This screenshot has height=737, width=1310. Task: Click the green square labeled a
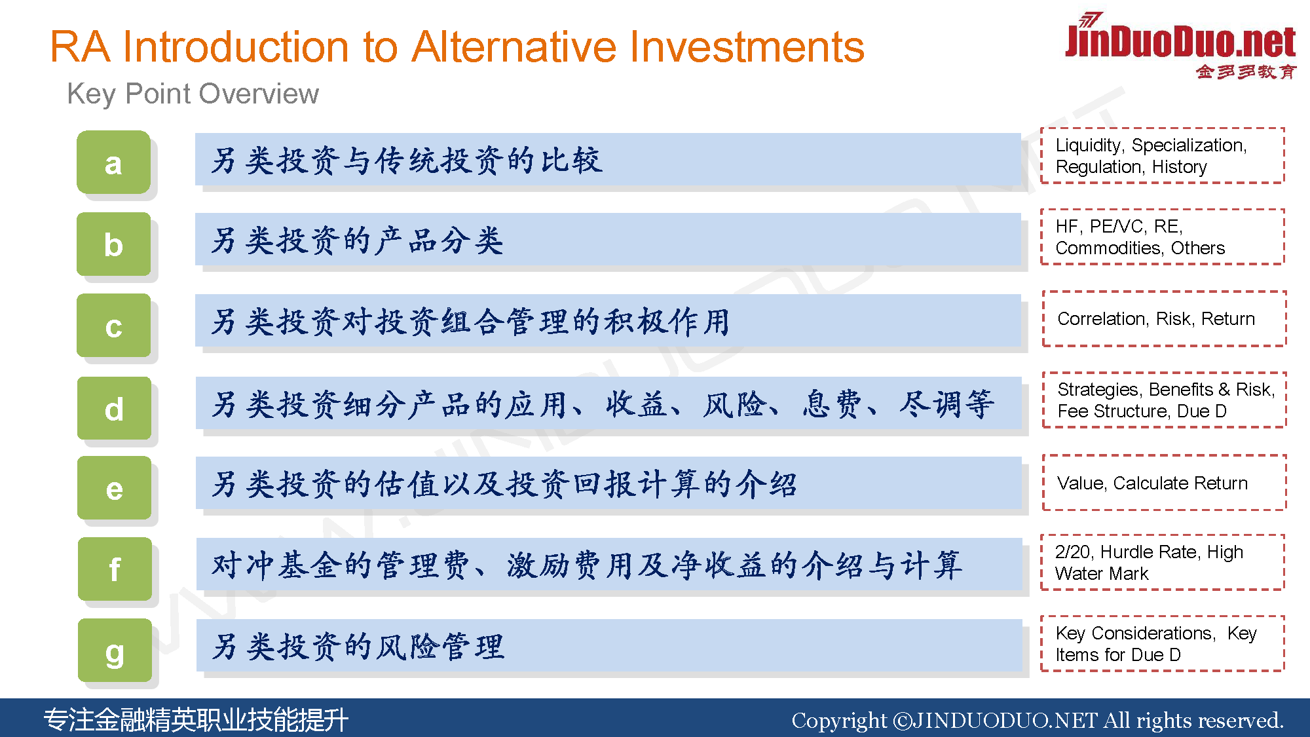113,162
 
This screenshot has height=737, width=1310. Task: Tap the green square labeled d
114,408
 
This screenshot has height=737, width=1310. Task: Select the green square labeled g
115,651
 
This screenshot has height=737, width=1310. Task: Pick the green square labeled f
115,569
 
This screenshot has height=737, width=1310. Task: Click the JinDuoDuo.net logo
1180,46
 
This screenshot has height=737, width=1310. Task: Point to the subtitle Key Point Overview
193,94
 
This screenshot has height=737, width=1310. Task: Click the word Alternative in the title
515,47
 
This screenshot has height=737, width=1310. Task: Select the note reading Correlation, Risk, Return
1156,319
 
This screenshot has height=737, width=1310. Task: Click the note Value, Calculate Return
1152,483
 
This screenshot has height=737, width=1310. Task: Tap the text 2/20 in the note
1074,552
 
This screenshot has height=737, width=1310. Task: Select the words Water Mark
1102,574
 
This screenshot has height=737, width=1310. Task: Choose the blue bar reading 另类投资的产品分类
608,239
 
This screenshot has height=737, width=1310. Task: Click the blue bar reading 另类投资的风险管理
609,645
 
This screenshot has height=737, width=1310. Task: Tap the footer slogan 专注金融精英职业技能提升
196,720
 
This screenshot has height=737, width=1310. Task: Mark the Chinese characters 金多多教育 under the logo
1246,71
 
